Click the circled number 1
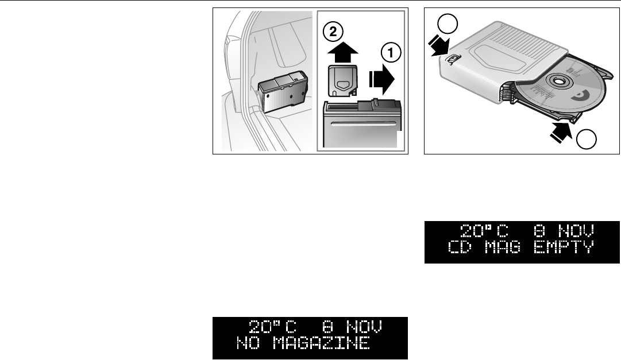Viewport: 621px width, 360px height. pyautogui.click(x=390, y=53)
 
